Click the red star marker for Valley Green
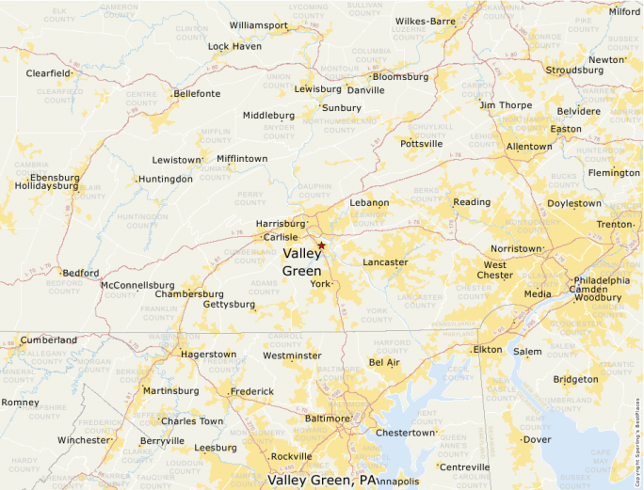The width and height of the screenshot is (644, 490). [x=321, y=245]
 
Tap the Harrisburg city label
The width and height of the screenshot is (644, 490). [x=281, y=224]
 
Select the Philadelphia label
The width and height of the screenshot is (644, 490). [x=602, y=280]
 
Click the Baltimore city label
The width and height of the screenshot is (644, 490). [x=327, y=418]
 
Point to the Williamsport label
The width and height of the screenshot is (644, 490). [x=258, y=24]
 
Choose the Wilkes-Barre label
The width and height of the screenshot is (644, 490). [x=425, y=21]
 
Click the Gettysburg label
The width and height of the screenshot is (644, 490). [x=229, y=305]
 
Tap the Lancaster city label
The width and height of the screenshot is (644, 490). [x=385, y=262]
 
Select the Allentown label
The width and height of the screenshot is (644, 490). [x=529, y=147]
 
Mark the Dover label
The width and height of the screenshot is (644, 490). [x=537, y=439]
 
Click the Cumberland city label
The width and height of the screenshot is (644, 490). [x=49, y=340]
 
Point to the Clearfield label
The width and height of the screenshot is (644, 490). [x=48, y=72]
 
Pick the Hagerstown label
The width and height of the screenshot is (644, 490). [x=208, y=355]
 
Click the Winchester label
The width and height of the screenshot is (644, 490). [x=83, y=440]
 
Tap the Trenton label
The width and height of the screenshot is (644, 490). [x=615, y=225]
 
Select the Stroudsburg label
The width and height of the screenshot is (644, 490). [x=574, y=70]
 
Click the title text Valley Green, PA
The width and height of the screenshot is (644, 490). [x=320, y=480]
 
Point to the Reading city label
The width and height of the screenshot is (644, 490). [x=472, y=202]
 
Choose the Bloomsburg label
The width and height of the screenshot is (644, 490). [x=401, y=77]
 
